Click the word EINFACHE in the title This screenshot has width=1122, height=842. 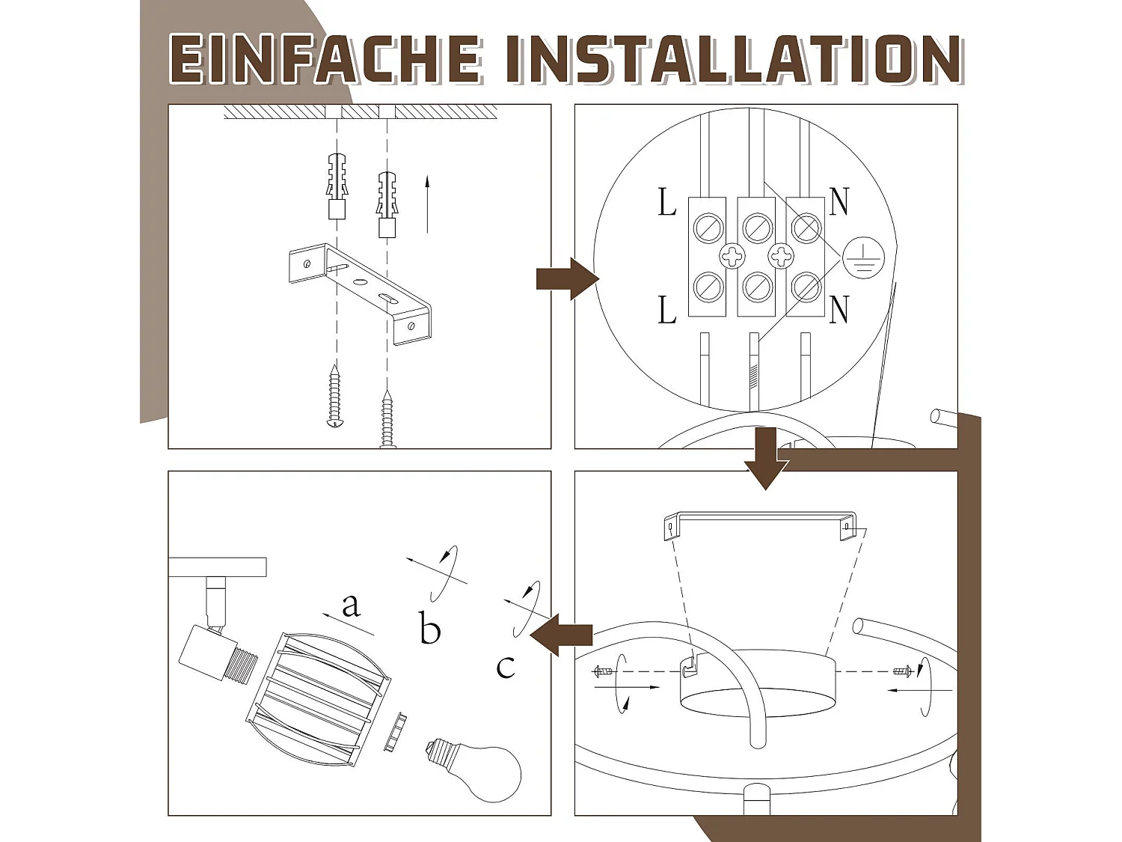tap(325, 59)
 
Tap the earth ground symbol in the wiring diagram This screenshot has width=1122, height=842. tap(863, 257)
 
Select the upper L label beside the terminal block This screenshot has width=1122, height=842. tap(666, 202)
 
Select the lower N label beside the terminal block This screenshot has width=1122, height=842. tap(839, 309)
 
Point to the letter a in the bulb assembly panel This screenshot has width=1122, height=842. tap(350, 605)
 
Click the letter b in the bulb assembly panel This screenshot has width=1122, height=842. tap(429, 629)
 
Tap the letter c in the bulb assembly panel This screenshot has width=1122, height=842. tap(506, 666)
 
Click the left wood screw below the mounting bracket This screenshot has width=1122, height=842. tap(335, 397)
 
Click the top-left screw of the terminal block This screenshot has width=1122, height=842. tap(708, 228)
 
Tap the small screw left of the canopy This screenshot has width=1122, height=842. tap(603, 671)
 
